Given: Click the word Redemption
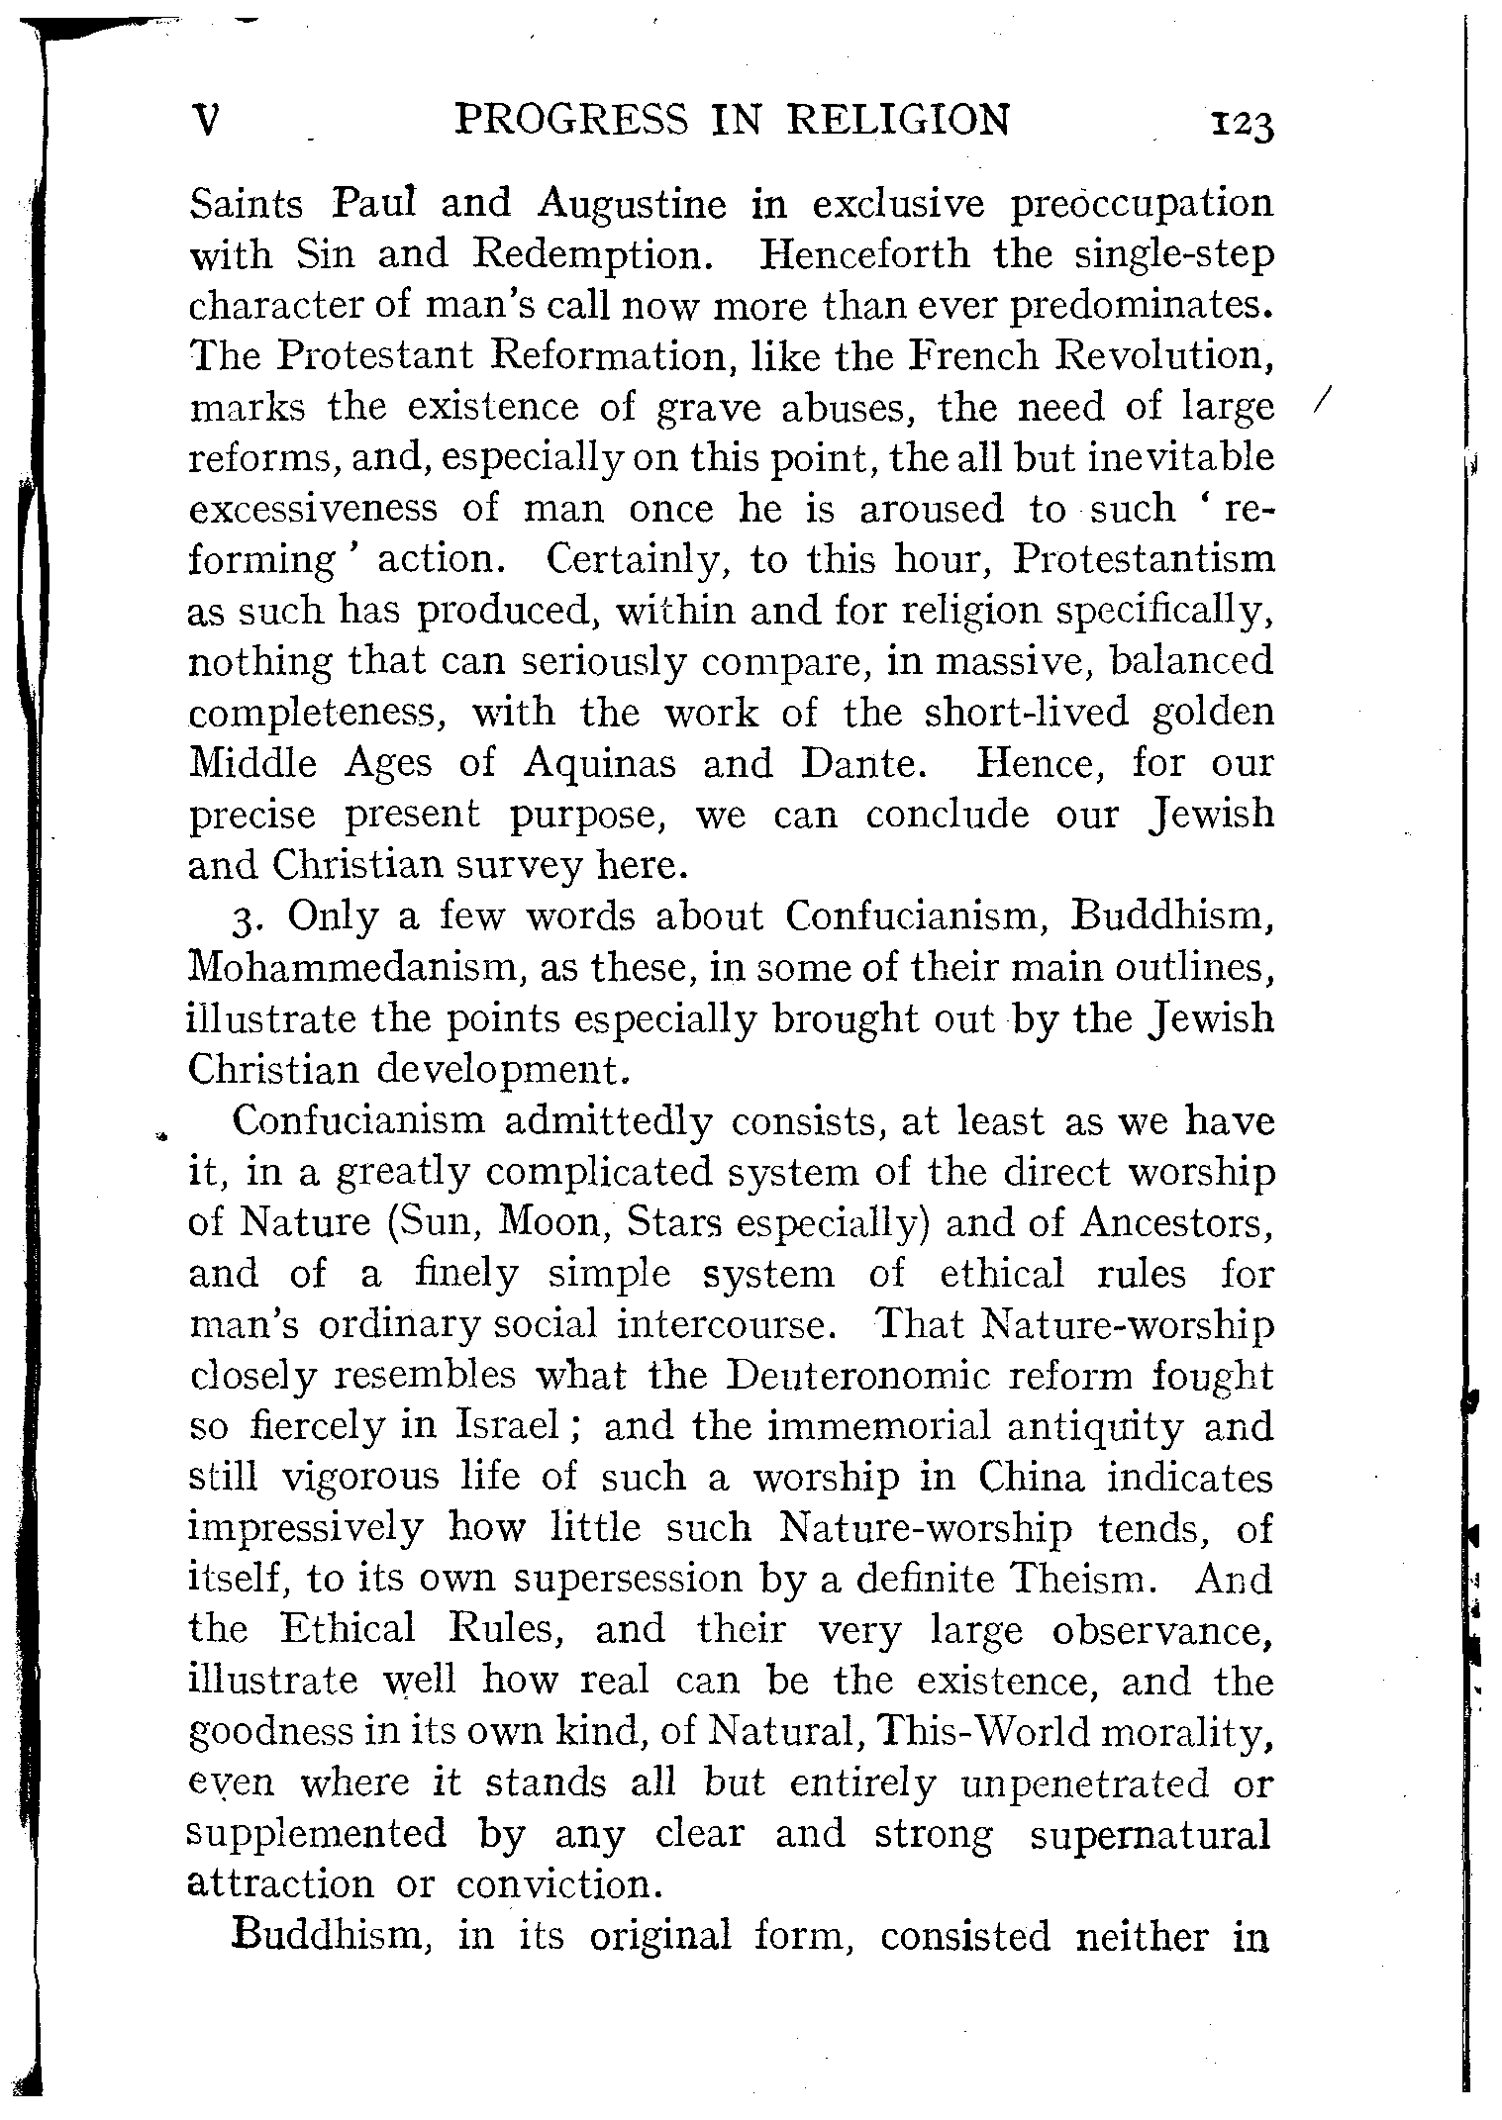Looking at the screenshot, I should [x=591, y=255].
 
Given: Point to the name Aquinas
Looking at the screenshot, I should [x=600, y=763].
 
